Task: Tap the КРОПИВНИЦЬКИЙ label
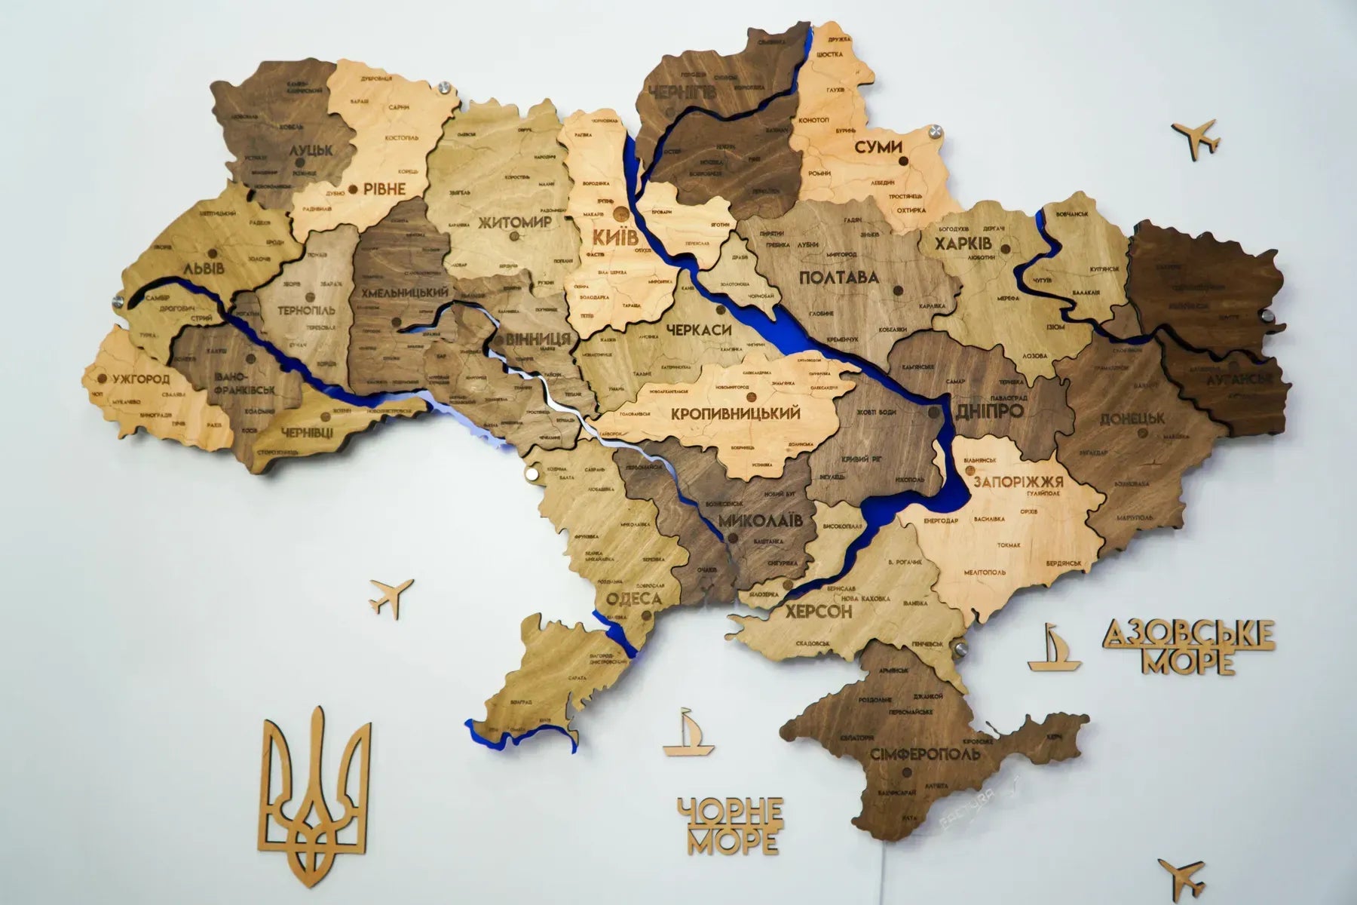735,413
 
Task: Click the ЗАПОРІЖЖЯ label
1018,483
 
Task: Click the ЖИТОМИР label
515,222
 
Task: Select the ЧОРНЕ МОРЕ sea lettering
730,825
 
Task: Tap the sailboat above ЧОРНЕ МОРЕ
688,732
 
